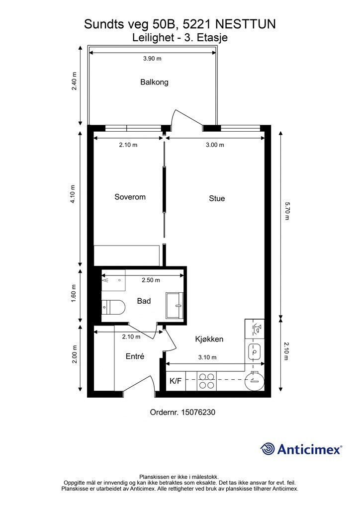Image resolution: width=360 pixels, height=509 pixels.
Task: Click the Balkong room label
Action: [x=154, y=82]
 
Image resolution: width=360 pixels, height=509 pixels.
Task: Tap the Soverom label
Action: [x=130, y=197]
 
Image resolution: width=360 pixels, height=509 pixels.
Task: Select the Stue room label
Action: [x=217, y=198]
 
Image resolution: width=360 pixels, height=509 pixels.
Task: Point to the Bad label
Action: [x=144, y=301]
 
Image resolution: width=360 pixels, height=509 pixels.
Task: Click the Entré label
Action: [x=135, y=356]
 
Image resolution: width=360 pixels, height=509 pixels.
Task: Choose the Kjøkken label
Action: [x=209, y=339]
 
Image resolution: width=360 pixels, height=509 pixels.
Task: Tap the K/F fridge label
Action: [x=176, y=381]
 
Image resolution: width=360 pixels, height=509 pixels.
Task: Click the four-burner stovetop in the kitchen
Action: [x=206, y=381]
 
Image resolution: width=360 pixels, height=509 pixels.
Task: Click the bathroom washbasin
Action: [x=175, y=306]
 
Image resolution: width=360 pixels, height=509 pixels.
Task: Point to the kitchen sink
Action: [x=255, y=351]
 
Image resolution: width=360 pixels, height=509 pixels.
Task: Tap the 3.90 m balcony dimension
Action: [x=152, y=59]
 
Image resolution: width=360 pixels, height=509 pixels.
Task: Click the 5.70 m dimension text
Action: [x=286, y=211]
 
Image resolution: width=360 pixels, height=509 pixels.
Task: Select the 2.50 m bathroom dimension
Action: [x=151, y=280]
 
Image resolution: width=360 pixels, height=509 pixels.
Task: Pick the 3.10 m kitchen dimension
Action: [x=207, y=357]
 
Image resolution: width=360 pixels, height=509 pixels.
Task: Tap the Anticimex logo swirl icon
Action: [x=268, y=449]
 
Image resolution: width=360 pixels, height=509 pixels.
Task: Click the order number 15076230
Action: [x=198, y=412]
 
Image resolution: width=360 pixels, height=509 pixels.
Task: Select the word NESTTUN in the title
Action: [x=246, y=24]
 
